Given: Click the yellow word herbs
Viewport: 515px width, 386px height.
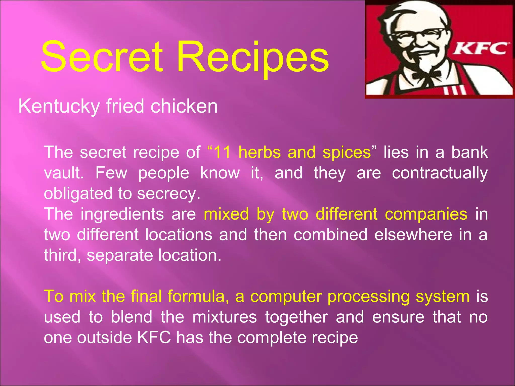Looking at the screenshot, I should pyautogui.click(x=260, y=152).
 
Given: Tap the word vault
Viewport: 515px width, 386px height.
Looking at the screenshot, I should pyautogui.click(x=63, y=173).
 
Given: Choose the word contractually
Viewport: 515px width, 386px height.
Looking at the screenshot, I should pyautogui.click(x=440, y=173).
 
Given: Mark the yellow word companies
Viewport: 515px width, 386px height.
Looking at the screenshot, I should pyautogui.click(x=426, y=214).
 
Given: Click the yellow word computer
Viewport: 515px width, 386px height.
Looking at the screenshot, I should pyautogui.click(x=286, y=297).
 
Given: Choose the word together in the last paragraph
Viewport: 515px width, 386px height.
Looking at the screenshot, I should pyautogui.click(x=297, y=317).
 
